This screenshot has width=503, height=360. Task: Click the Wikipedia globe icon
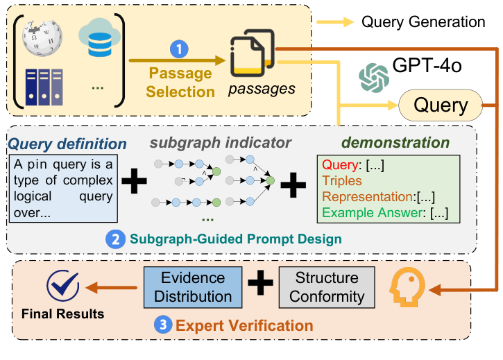(42, 38)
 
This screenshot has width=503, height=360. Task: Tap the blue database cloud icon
(99, 37)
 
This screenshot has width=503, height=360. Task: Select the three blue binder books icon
(44, 87)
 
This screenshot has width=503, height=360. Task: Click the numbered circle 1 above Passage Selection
(179, 49)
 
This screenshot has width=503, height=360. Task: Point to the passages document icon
(253, 53)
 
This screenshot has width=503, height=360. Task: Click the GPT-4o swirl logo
(374, 78)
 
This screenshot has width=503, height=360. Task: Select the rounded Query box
(441, 105)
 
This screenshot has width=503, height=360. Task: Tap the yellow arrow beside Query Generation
(335, 22)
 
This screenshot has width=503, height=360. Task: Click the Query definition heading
(67, 144)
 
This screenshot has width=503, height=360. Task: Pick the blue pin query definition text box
(64, 189)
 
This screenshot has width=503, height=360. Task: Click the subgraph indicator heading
(221, 143)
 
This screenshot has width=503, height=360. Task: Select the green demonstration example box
(389, 189)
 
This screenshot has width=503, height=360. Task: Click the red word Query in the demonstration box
(340, 164)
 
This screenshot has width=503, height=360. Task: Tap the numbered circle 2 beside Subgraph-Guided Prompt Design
(115, 239)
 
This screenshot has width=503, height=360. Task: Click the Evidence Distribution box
(193, 287)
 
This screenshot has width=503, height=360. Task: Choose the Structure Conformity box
(327, 287)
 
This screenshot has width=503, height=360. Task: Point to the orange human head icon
(407, 287)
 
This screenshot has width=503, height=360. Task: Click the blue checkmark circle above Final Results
(63, 285)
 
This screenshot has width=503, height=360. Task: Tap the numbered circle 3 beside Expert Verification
(163, 325)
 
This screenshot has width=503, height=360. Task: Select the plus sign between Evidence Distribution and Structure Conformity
(260, 283)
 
